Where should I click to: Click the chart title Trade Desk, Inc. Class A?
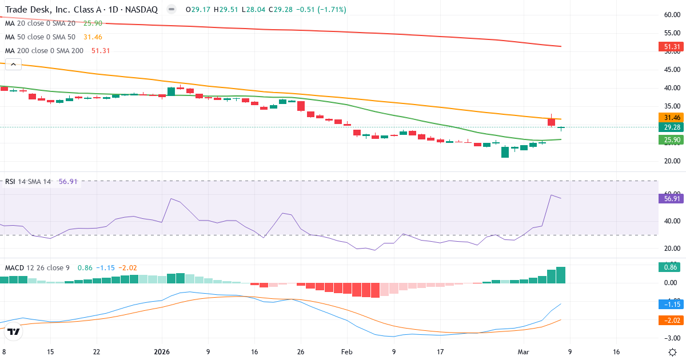[x=51, y=10]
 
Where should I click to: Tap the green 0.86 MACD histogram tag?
[x=669, y=267]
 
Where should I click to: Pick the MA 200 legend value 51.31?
[x=101, y=50]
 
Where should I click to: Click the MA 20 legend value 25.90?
[x=93, y=23]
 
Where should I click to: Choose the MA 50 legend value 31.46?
[x=93, y=37]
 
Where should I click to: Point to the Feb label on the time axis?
[x=347, y=352]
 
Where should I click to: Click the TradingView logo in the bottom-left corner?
[x=14, y=331]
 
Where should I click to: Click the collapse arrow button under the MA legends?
[x=13, y=65]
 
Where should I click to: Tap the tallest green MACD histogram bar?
[x=561, y=275]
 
